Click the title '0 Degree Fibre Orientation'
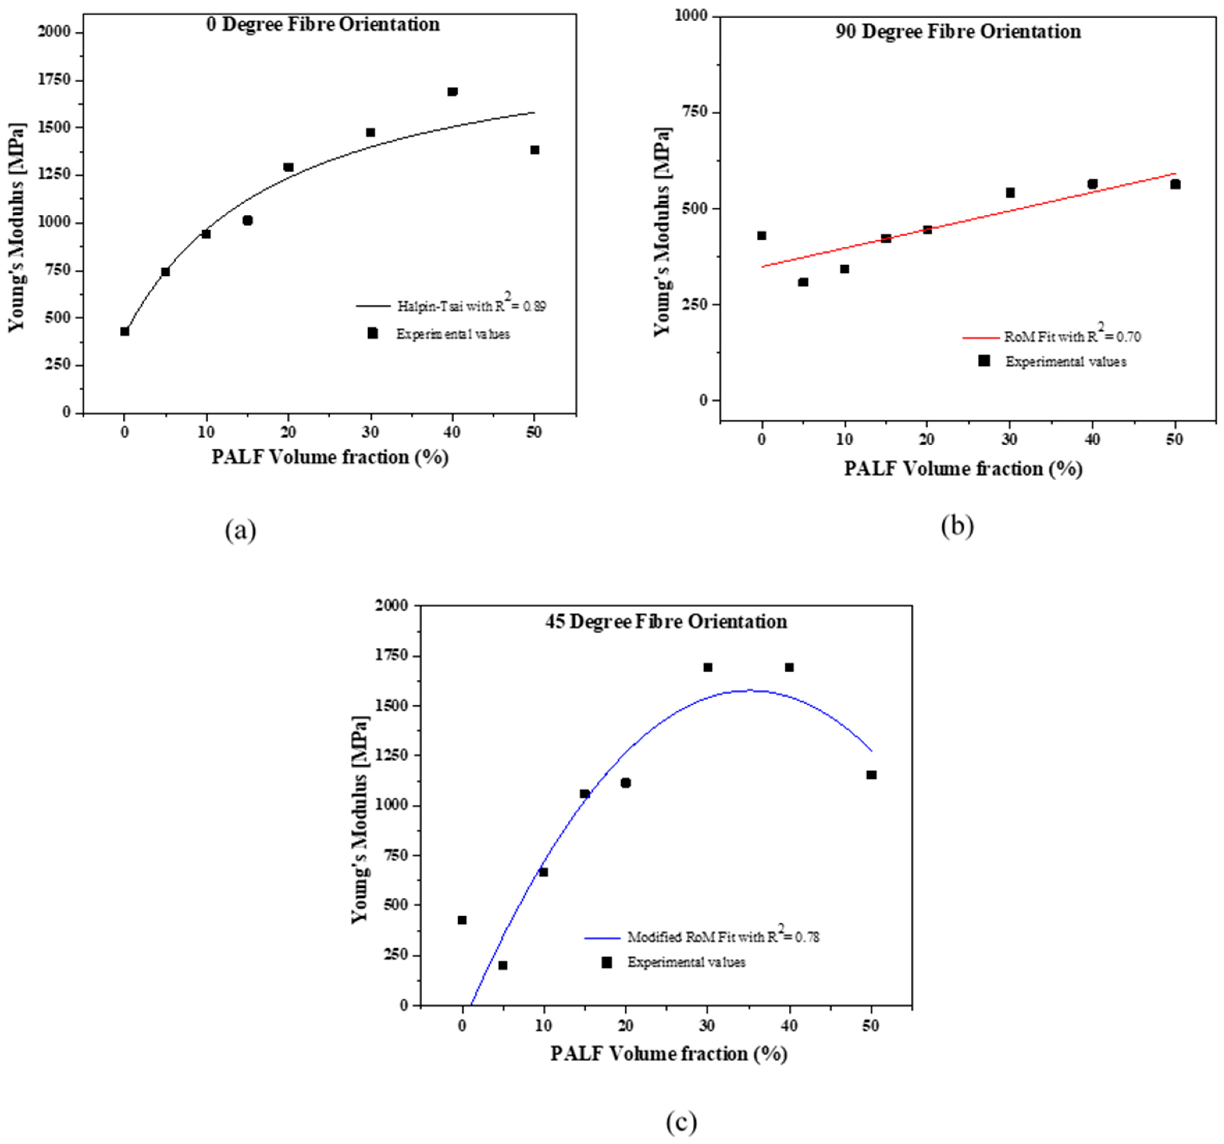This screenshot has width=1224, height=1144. pos(323,25)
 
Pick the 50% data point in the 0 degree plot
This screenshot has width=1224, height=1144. pos(535,150)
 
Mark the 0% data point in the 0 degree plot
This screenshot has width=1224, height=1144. pos(124,331)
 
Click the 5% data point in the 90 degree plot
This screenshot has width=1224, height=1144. pos(803,282)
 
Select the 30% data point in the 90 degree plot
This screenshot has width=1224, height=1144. pos(1010,193)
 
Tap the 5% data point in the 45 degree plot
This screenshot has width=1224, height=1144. pos(503,965)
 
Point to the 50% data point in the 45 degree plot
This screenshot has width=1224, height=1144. pos(871,775)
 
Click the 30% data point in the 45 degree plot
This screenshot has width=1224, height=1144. pos(708,668)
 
